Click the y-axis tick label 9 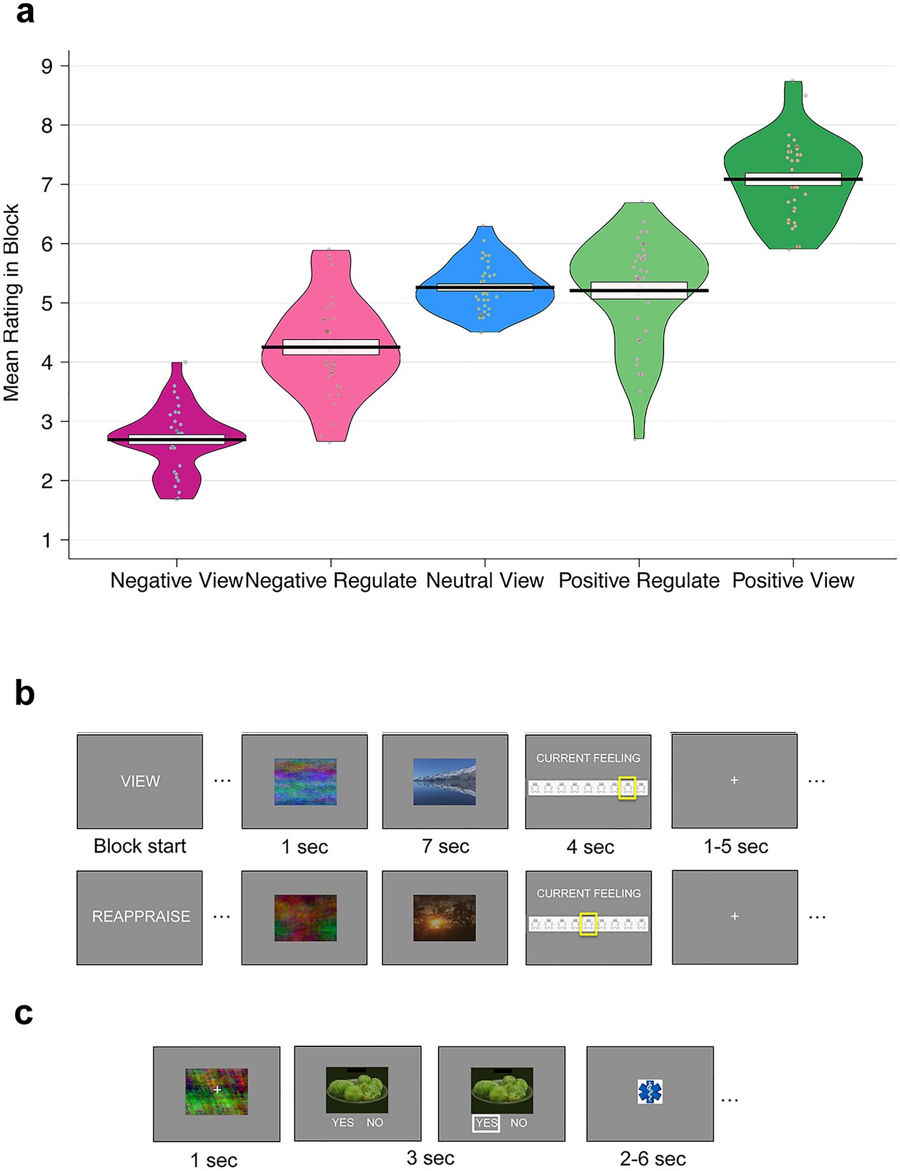point(46,66)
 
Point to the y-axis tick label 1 point(46,540)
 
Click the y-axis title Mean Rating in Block point(11,303)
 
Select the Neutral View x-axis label point(484,580)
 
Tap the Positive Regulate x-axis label point(639,580)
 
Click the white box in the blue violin point(484,287)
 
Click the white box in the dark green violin point(793,179)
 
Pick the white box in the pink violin point(331,347)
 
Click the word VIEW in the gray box point(140,781)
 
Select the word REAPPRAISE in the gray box point(140,917)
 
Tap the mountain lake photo point(444,781)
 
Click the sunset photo point(444,917)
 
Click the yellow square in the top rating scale point(627,788)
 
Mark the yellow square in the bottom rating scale point(588,924)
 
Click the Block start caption point(140,846)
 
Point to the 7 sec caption point(445,847)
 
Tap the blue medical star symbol point(650,1092)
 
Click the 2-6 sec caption point(652,1159)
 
